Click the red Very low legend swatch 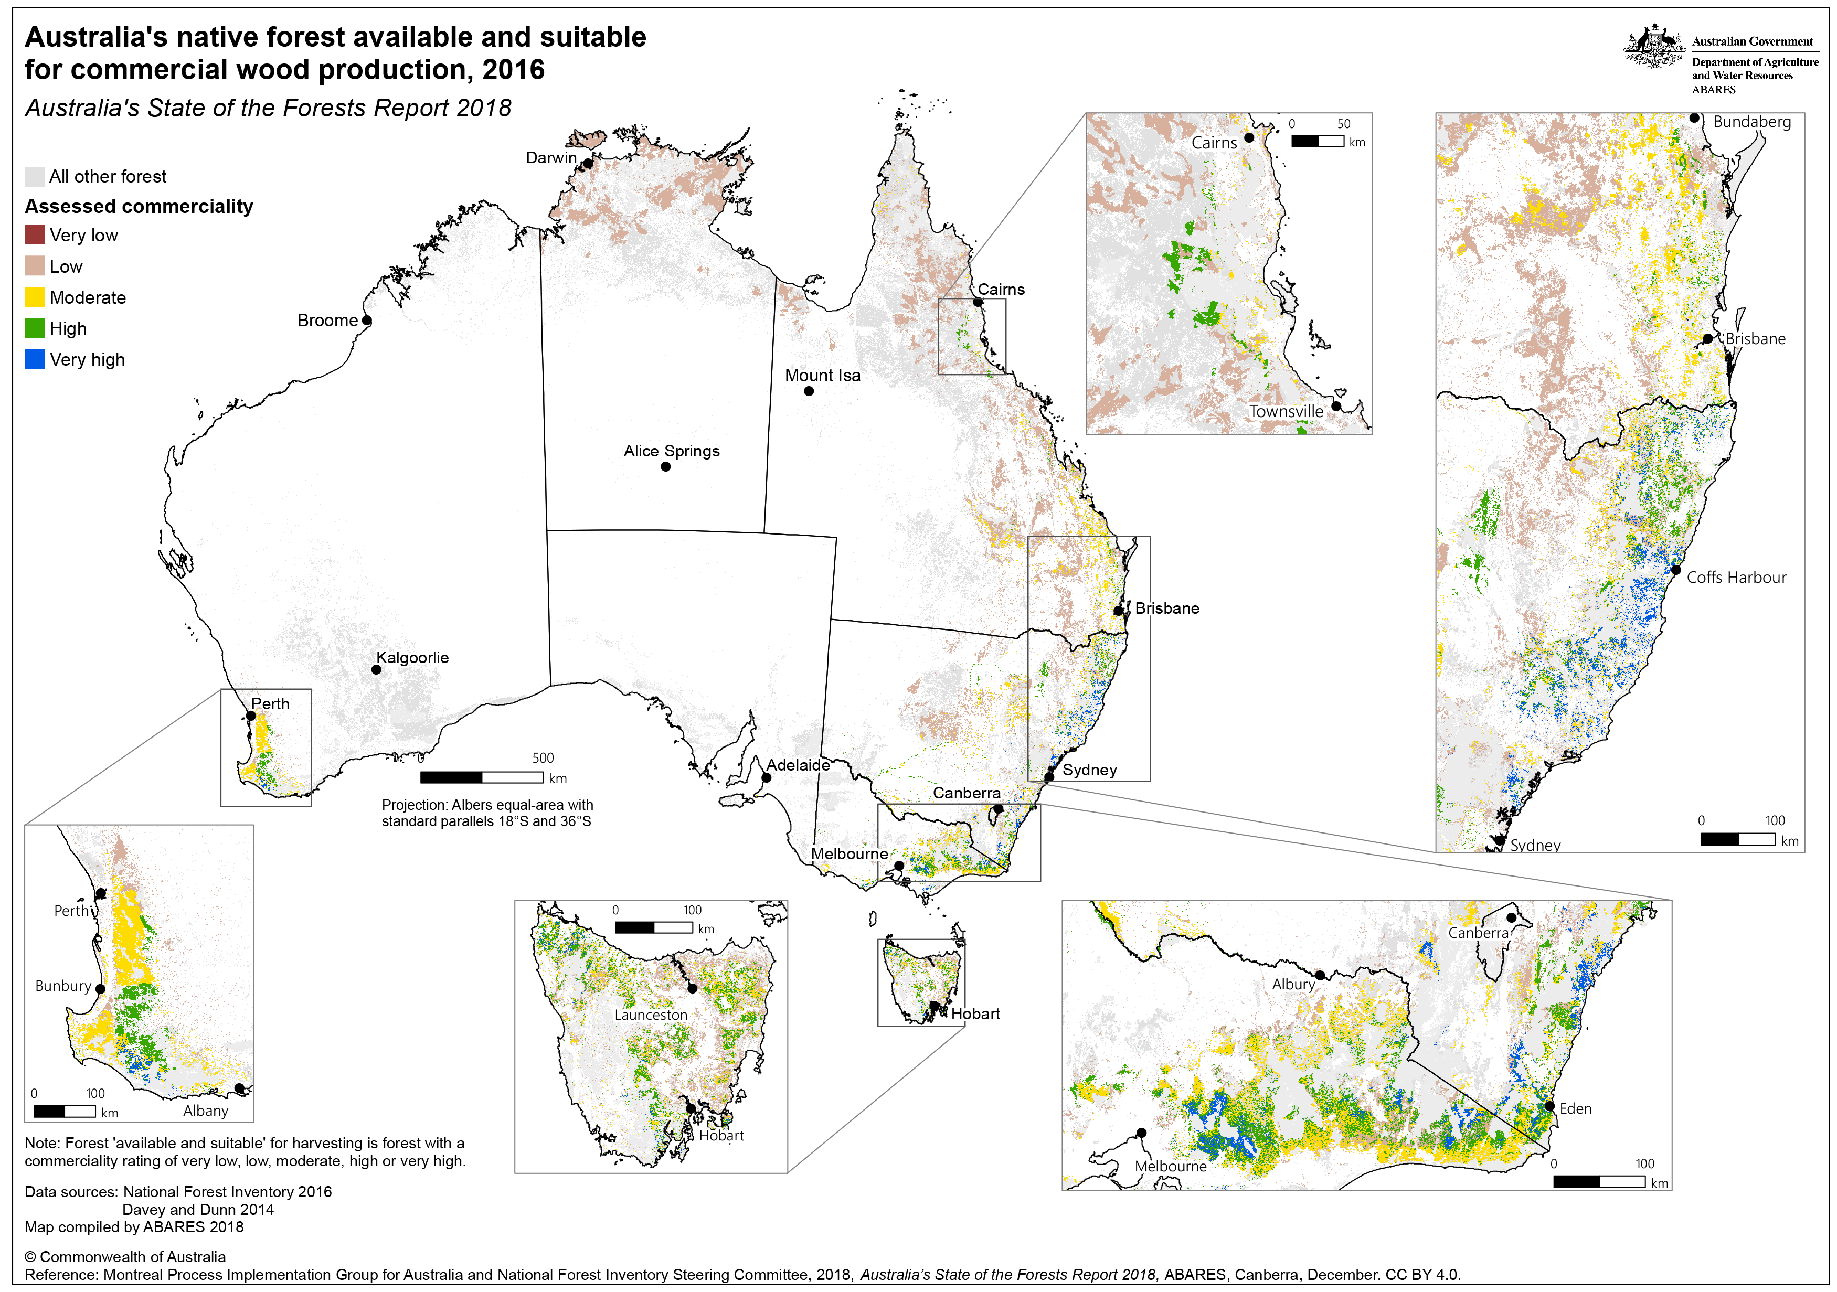tap(35, 234)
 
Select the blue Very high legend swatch tap(35, 359)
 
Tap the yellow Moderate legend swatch tap(35, 297)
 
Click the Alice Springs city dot tap(666, 466)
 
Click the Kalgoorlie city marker tap(376, 669)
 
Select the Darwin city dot tap(587, 163)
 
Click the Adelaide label tap(798, 765)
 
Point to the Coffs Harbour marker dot tap(1675, 570)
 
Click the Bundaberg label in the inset tap(1751, 122)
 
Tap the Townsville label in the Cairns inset tap(1286, 411)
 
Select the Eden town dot tap(1550, 1106)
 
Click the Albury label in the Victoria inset tap(1293, 984)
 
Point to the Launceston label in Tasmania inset tap(651, 1015)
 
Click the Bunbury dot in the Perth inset tap(100, 989)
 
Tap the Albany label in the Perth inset tap(206, 1111)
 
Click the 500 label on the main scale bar tap(543, 757)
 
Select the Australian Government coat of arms tap(1654, 46)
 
